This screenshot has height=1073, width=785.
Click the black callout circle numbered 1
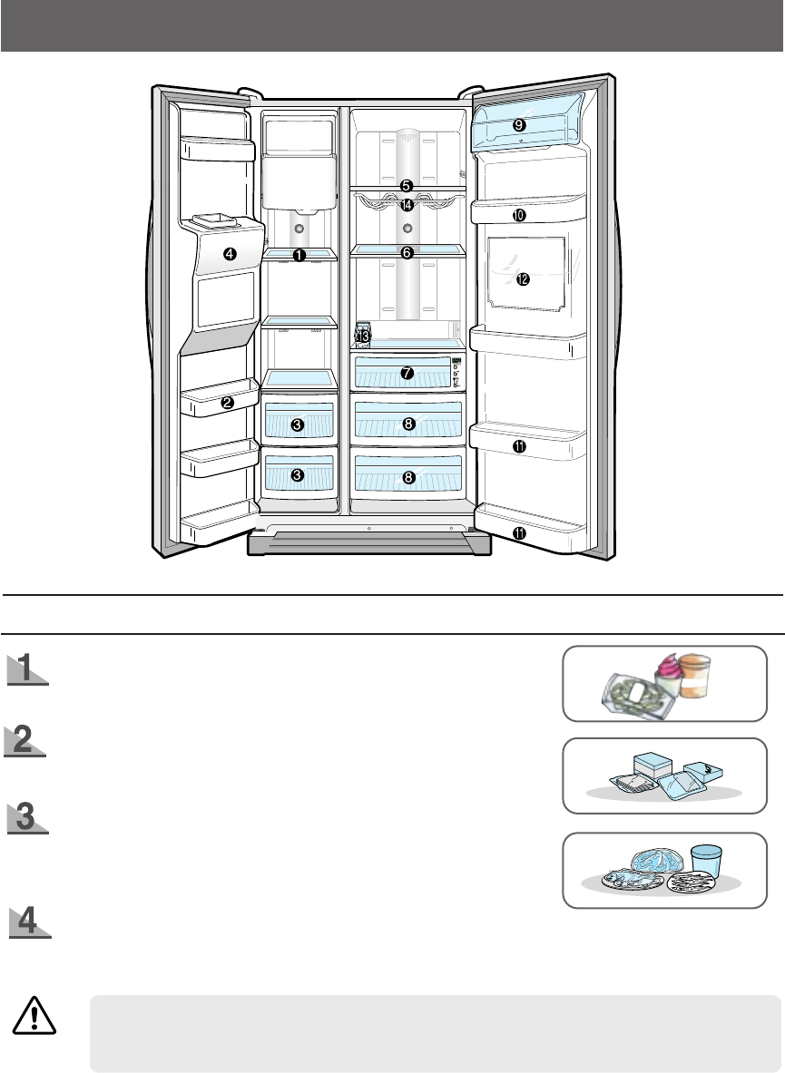(x=299, y=256)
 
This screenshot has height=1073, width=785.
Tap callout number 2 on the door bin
(x=228, y=402)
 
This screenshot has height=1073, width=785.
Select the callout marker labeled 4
(x=231, y=254)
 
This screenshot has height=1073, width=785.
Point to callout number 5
(x=407, y=185)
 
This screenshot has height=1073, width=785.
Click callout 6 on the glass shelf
(x=407, y=253)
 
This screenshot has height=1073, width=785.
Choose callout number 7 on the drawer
(x=407, y=373)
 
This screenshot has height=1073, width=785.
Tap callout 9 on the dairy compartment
(x=518, y=123)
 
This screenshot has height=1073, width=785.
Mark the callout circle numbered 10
(x=518, y=215)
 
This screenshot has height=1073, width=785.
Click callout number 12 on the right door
(x=522, y=279)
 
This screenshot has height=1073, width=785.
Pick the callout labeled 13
(x=364, y=337)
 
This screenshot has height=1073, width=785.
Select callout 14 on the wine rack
(x=407, y=204)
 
